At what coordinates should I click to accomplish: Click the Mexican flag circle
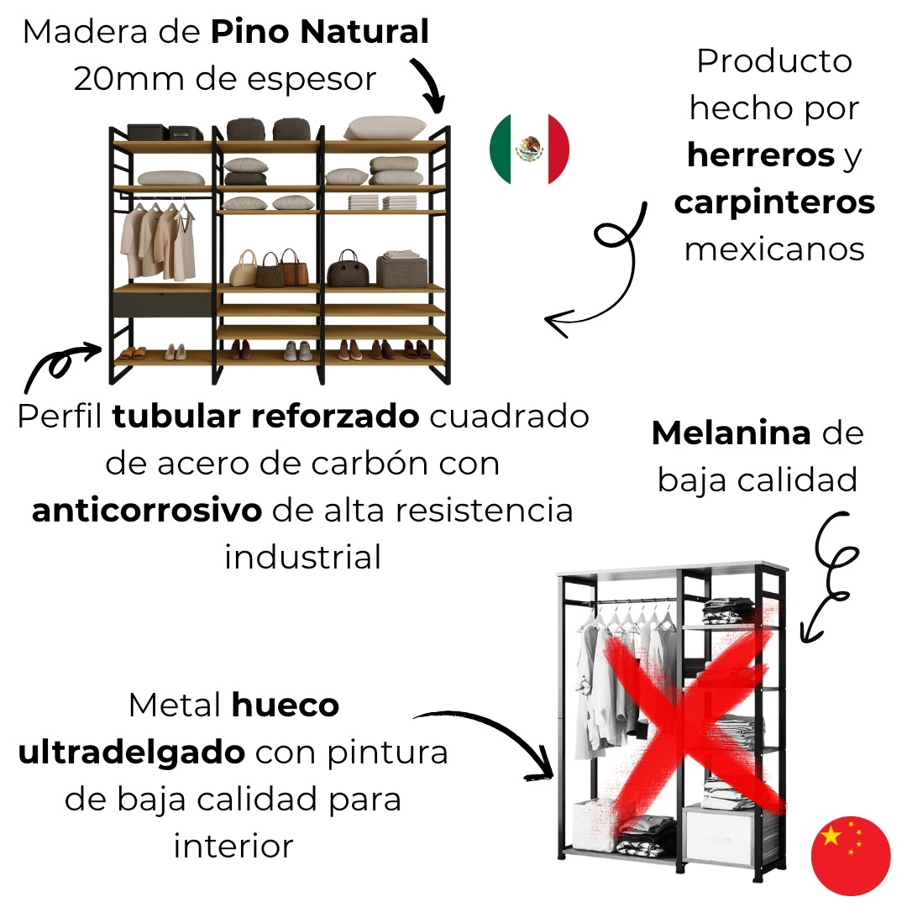pyautogui.click(x=529, y=149)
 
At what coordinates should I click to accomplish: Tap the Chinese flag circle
pyautogui.click(x=850, y=856)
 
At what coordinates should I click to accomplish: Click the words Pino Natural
pyautogui.click(x=319, y=32)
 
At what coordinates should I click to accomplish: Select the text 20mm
pyautogui.click(x=128, y=79)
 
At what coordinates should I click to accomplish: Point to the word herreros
pyautogui.click(x=761, y=155)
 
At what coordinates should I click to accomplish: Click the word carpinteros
pyautogui.click(x=774, y=203)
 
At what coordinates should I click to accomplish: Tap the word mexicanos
pyautogui.click(x=774, y=249)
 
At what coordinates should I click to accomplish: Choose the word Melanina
pyautogui.click(x=731, y=433)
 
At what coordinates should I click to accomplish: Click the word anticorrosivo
pyautogui.click(x=147, y=511)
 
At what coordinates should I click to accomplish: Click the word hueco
pyautogui.click(x=286, y=705)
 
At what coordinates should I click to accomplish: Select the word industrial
pyautogui.click(x=303, y=557)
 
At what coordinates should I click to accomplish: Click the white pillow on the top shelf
pyautogui.click(x=385, y=128)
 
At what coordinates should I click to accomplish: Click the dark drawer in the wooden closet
pyautogui.click(x=163, y=304)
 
